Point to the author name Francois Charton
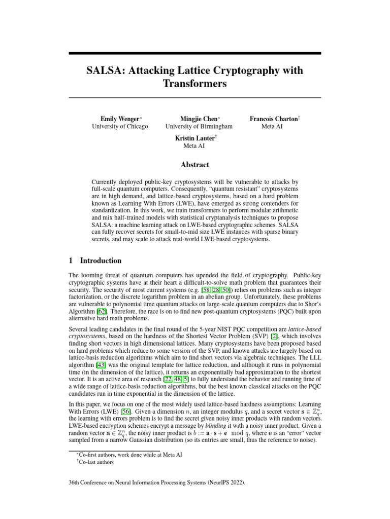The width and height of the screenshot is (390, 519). coord(273,118)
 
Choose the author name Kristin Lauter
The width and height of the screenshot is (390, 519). coord(193,138)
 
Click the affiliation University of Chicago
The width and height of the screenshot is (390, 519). coord(120,126)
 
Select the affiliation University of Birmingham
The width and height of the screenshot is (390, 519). coord(199,126)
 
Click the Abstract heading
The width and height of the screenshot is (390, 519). coord(195,164)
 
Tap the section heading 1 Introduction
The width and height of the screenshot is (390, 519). coord(95,261)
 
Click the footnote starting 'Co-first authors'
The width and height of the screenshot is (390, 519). coord(129,455)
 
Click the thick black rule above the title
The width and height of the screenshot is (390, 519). coord(195,53)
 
